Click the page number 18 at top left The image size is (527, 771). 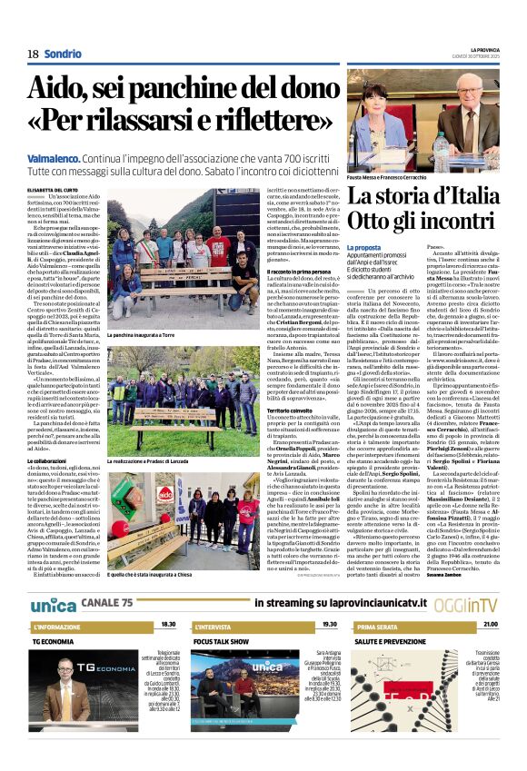(32, 54)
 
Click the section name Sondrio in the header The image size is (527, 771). (62, 54)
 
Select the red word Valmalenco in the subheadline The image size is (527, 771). (57, 158)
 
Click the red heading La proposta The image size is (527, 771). (363, 247)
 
